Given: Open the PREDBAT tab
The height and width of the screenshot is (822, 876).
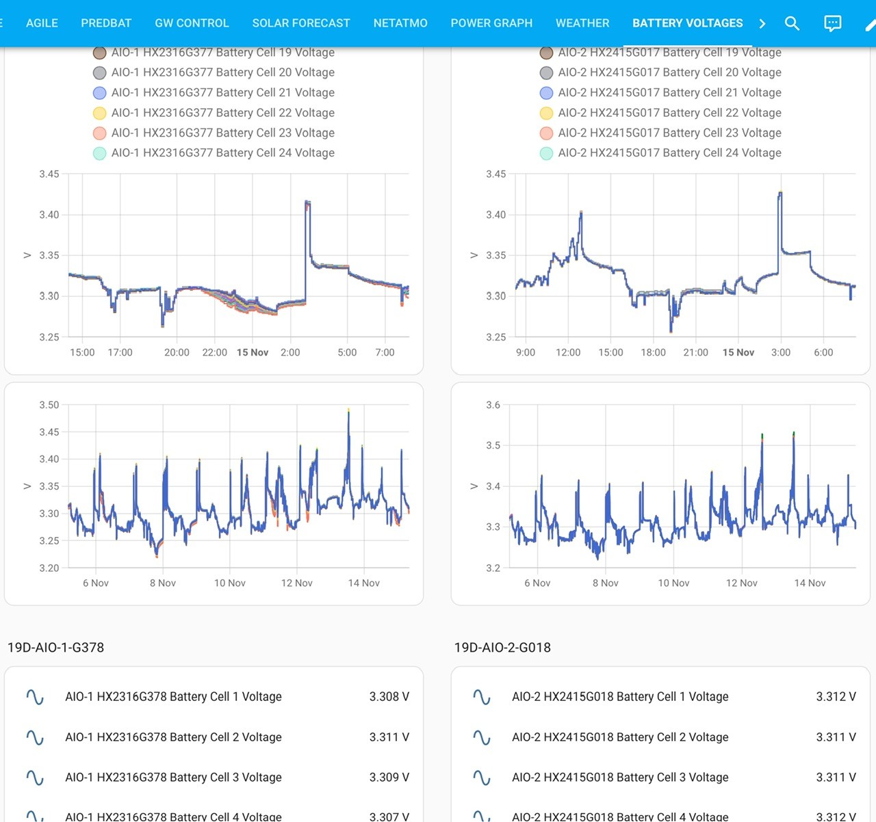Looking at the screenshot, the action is pos(106,23).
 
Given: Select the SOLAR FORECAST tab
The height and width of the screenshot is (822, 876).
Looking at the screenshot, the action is pos(301,23).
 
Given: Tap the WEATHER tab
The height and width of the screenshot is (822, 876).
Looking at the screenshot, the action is pos(582,23).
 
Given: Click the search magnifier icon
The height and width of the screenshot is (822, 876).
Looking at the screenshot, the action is pos(793,23).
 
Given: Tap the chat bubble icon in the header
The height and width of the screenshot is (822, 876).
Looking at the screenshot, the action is pos(832,23).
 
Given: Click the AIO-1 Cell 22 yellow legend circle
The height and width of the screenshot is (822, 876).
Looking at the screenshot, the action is pos(100,113).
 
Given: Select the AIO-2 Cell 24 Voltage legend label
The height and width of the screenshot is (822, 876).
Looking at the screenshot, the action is pos(669,153).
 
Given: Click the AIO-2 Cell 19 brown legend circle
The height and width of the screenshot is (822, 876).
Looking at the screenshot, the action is pos(547,53).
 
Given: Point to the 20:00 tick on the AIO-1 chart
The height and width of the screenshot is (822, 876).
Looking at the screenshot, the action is pos(177,352).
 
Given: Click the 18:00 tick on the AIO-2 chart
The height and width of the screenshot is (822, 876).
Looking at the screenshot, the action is pos(653,352).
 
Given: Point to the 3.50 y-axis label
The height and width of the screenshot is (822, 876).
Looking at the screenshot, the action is pos(49,405).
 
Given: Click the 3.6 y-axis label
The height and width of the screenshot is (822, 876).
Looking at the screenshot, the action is pos(494,405).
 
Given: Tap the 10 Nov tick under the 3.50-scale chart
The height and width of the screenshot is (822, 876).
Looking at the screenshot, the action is pos(230,583).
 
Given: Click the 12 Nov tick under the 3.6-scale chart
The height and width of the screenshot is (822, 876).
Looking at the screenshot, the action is pos(741,583).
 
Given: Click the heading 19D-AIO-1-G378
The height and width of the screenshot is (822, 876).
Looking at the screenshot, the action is pos(56,647).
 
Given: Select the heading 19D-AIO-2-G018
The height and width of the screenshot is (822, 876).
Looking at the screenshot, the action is pos(502,647).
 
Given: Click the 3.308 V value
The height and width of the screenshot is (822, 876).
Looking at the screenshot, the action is pos(389,696).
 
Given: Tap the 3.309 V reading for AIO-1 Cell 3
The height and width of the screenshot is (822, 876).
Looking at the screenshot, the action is pos(389,777).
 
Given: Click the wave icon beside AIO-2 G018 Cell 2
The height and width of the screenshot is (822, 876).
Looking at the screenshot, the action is pos(482,737).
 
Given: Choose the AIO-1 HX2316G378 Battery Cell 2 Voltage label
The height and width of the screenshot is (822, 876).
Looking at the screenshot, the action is pos(173,737).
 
